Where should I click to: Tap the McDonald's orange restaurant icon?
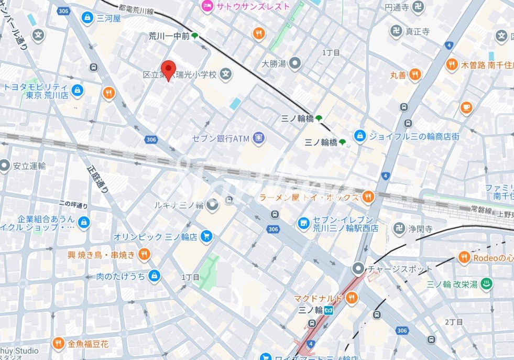[x=351, y=298]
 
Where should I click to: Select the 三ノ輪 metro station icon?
[x=329, y=310]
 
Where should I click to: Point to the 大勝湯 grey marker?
[x=296, y=64]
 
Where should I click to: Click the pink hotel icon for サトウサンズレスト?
[x=207, y=6]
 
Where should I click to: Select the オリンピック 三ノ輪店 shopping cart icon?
[x=206, y=236]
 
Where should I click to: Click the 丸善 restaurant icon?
[x=415, y=75]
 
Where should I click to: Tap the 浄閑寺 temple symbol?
[x=400, y=228]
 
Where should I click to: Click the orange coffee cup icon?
[x=466, y=107]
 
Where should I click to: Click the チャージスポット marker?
[x=358, y=269]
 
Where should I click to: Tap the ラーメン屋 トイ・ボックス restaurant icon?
[x=368, y=197]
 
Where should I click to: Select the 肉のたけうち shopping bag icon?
[x=154, y=276]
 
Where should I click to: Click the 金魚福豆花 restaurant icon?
[x=59, y=344]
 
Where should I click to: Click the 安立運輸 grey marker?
[x=5, y=166]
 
